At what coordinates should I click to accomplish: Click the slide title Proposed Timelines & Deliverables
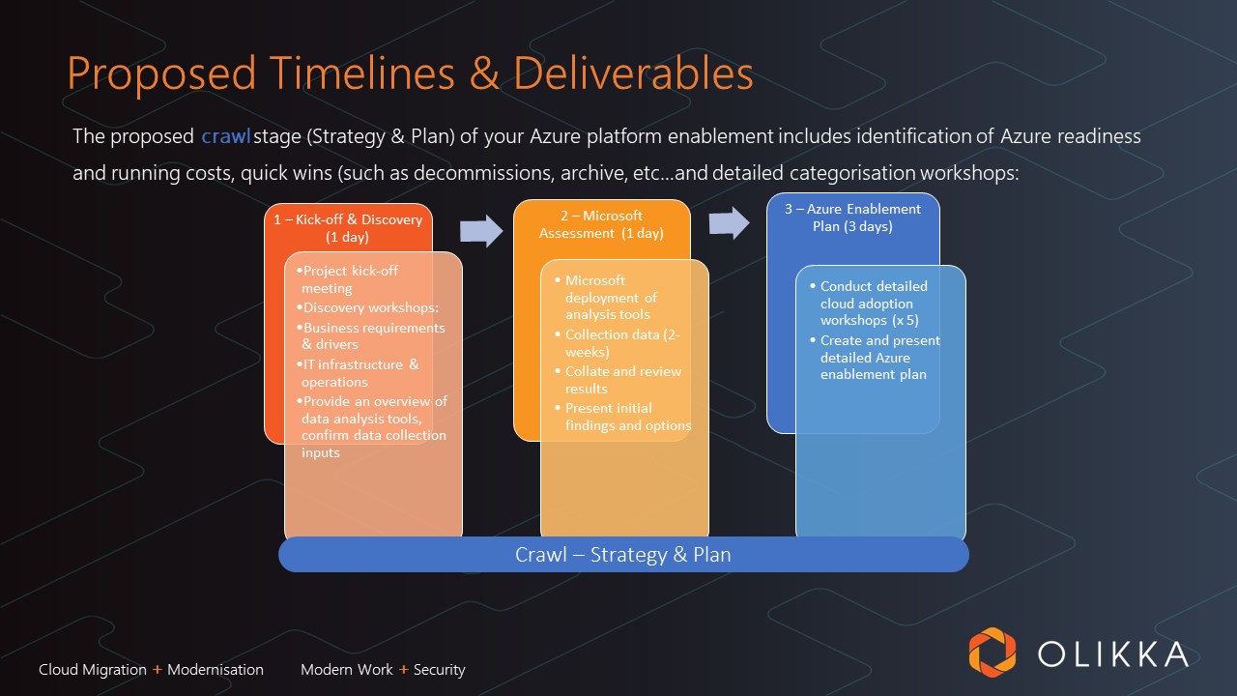pyautogui.click(x=410, y=74)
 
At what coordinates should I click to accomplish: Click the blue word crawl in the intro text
pyautogui.click(x=225, y=137)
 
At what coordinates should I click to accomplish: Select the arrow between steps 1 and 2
pyautogui.click(x=481, y=231)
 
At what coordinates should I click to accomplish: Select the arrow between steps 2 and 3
pyautogui.click(x=729, y=223)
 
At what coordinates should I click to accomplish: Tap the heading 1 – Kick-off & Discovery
pyautogui.click(x=348, y=228)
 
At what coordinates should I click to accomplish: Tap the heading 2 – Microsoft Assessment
pyautogui.click(x=600, y=224)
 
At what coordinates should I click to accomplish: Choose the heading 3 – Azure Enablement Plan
pyautogui.click(x=852, y=217)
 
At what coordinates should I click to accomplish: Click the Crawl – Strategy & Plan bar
pyautogui.click(x=623, y=555)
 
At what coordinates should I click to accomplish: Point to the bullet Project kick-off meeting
pyautogui.click(x=349, y=279)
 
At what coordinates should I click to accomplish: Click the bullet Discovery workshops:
pyautogui.click(x=371, y=308)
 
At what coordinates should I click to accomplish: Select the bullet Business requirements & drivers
pyautogui.click(x=373, y=335)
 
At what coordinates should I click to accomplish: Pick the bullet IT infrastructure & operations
pyautogui.click(x=360, y=373)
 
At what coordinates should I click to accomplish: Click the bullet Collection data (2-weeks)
pyautogui.click(x=622, y=343)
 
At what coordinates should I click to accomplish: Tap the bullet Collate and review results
pyautogui.click(x=622, y=380)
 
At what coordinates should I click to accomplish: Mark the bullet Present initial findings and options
pyautogui.click(x=627, y=417)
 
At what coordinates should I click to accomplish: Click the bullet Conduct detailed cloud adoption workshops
pyautogui.click(x=873, y=304)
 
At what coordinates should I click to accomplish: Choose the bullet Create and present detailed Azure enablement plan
pyautogui.click(x=878, y=358)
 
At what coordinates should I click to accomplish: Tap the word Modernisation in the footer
pyautogui.click(x=216, y=670)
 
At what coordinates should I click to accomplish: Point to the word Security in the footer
pyautogui.click(x=440, y=670)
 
